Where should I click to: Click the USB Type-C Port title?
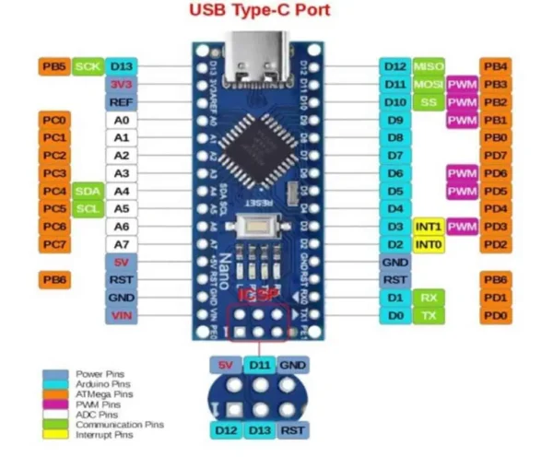click(259, 11)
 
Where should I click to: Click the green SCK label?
click(87, 66)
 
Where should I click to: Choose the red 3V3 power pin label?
click(121, 84)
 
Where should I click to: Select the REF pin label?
click(121, 102)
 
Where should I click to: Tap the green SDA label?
click(87, 191)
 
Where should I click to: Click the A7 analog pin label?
click(121, 244)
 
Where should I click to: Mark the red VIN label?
click(121, 315)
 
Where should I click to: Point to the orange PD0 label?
click(496, 315)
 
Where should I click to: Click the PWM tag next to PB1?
click(461, 120)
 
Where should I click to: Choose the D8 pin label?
click(394, 137)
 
